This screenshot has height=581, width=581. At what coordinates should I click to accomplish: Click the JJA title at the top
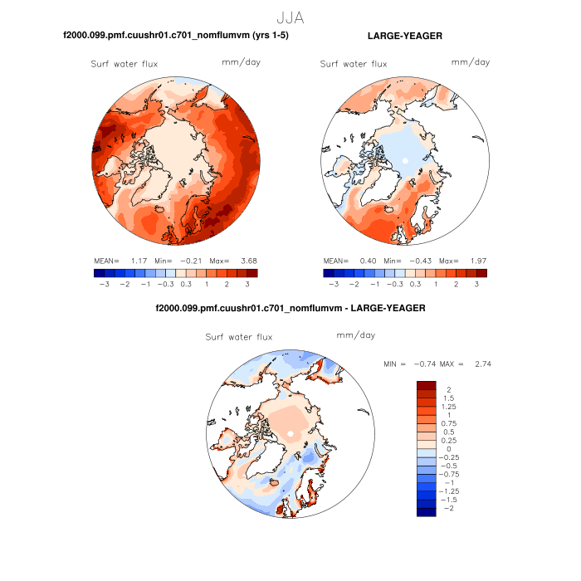290,16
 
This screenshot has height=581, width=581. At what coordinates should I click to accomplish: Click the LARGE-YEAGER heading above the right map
404,36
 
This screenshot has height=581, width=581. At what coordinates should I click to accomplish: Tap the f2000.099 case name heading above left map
176,36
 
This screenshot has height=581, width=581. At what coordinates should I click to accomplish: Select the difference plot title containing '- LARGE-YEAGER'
290,308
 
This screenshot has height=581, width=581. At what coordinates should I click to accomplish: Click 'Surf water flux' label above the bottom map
239,337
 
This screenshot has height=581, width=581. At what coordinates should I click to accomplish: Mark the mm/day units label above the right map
471,63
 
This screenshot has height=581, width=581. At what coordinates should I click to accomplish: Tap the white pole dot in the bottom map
290,434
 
